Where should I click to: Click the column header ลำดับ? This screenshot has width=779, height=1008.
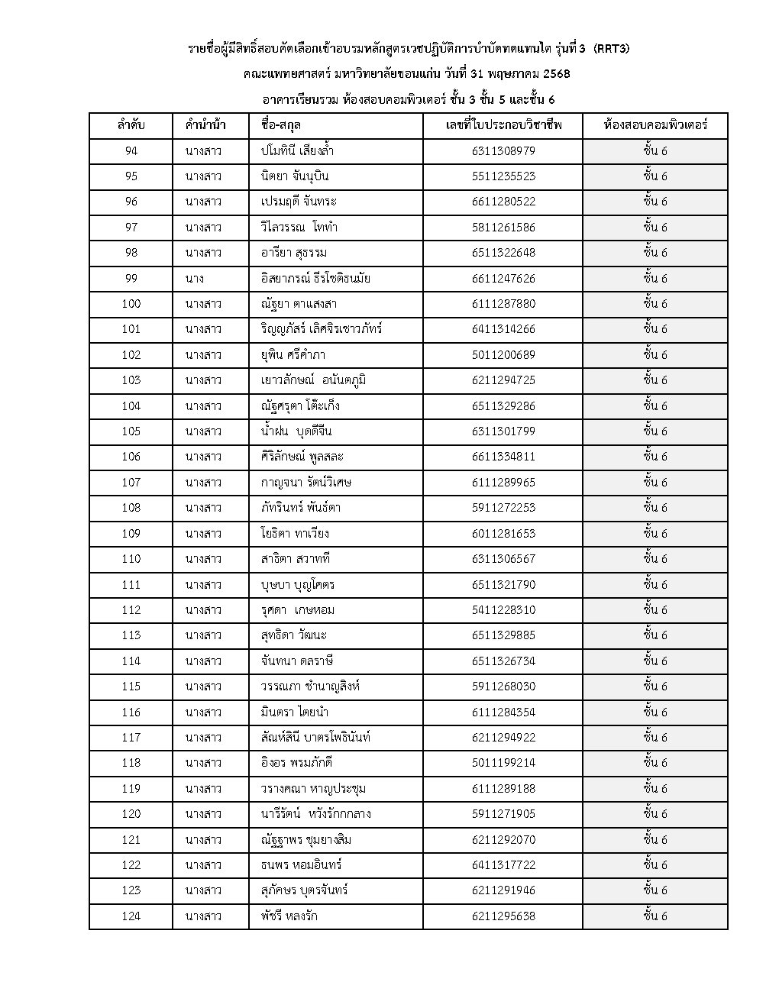(x=131, y=125)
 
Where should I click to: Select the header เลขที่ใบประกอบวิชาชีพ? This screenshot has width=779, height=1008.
(x=503, y=125)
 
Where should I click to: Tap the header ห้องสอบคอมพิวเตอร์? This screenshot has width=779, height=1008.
(x=655, y=125)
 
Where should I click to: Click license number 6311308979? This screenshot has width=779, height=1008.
(x=503, y=151)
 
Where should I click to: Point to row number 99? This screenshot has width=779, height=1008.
(x=131, y=279)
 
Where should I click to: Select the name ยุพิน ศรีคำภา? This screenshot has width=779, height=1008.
(x=293, y=355)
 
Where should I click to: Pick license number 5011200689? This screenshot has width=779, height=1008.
(x=503, y=355)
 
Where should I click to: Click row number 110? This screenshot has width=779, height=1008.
(x=131, y=559)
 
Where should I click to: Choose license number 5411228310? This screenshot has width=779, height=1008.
(x=503, y=610)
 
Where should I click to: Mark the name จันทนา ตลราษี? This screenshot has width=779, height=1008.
(x=296, y=661)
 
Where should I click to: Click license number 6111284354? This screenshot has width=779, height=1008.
(x=503, y=712)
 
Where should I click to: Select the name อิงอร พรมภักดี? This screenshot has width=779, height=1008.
(x=296, y=763)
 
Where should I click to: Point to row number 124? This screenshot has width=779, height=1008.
(x=131, y=916)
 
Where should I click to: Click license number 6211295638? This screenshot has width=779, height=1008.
(x=503, y=916)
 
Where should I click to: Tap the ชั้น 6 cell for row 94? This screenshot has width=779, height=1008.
(x=655, y=151)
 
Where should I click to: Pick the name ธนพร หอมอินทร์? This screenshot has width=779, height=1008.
(x=301, y=865)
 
